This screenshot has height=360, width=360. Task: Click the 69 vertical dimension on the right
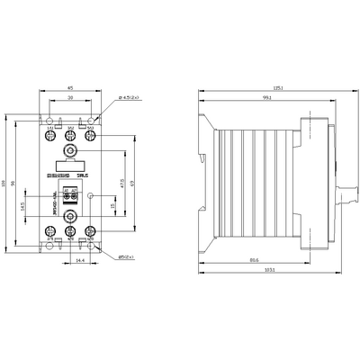(132, 183)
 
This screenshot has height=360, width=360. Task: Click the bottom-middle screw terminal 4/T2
(70, 231)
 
